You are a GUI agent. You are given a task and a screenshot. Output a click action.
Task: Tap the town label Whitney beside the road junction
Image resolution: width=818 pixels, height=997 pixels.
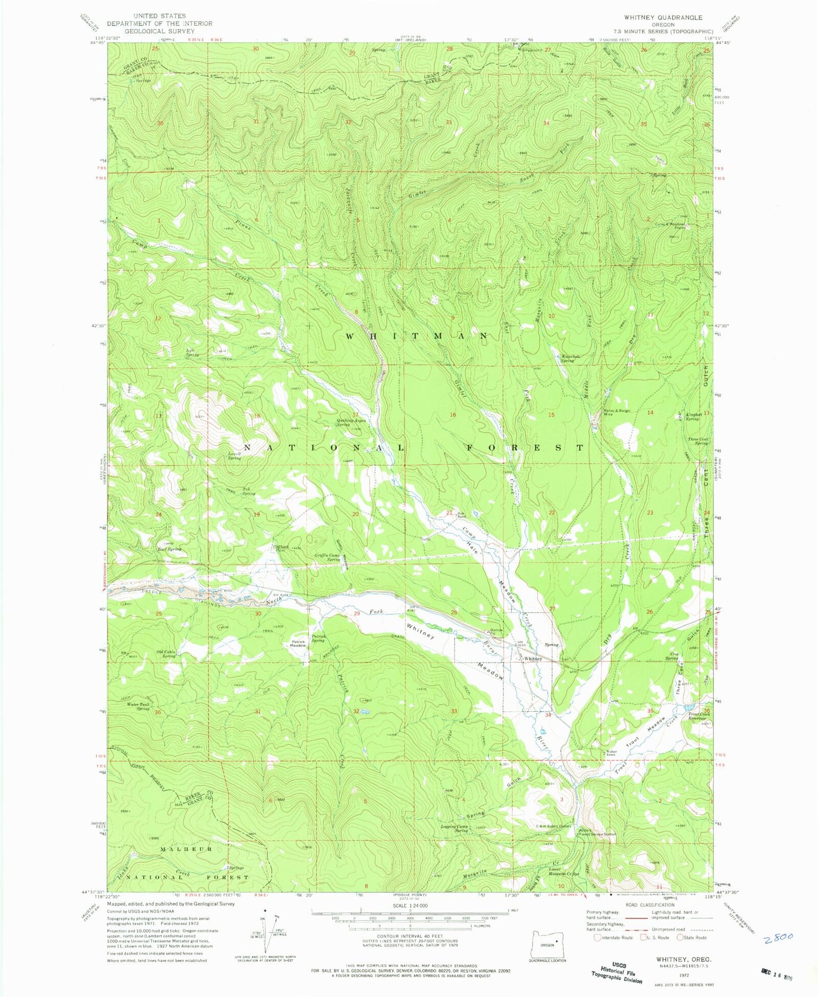pyautogui.click(x=533, y=659)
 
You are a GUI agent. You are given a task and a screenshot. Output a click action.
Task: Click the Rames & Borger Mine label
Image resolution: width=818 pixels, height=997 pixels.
pyautogui.click(x=616, y=412)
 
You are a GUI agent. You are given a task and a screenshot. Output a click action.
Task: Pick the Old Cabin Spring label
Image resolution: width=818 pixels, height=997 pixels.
pyautogui.click(x=170, y=654)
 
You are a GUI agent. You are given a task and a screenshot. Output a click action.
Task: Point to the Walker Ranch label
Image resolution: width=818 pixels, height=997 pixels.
pyautogui.click(x=607, y=754)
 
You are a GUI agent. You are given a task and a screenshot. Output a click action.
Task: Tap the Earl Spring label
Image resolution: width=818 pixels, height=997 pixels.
pyautogui.click(x=170, y=549)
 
